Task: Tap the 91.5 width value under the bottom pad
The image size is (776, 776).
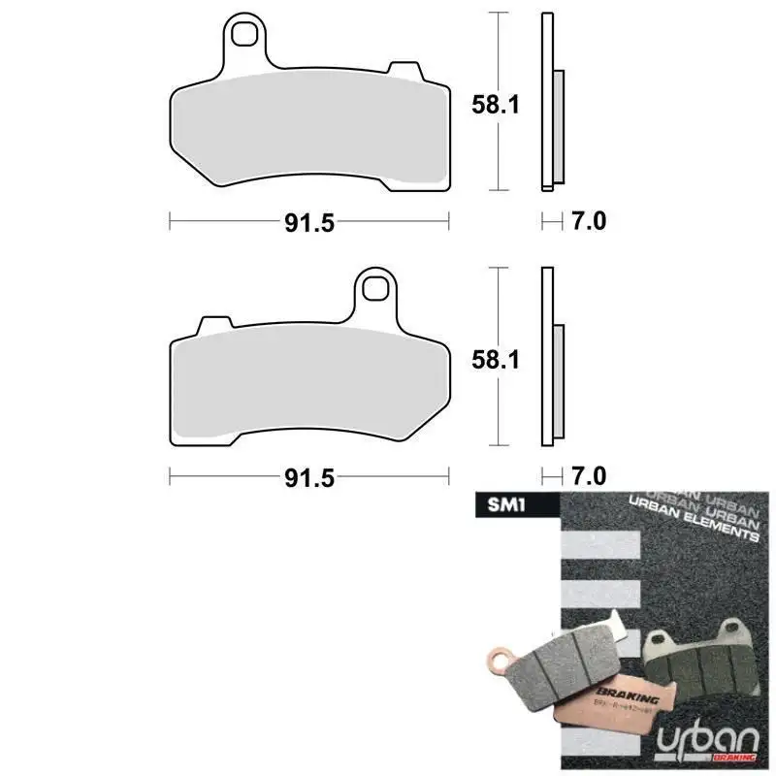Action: click(x=309, y=477)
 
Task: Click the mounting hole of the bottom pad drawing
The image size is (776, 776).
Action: click(x=374, y=288)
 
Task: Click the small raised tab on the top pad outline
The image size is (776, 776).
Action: click(x=402, y=69)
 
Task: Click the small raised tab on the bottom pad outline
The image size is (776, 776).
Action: click(x=216, y=322)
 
